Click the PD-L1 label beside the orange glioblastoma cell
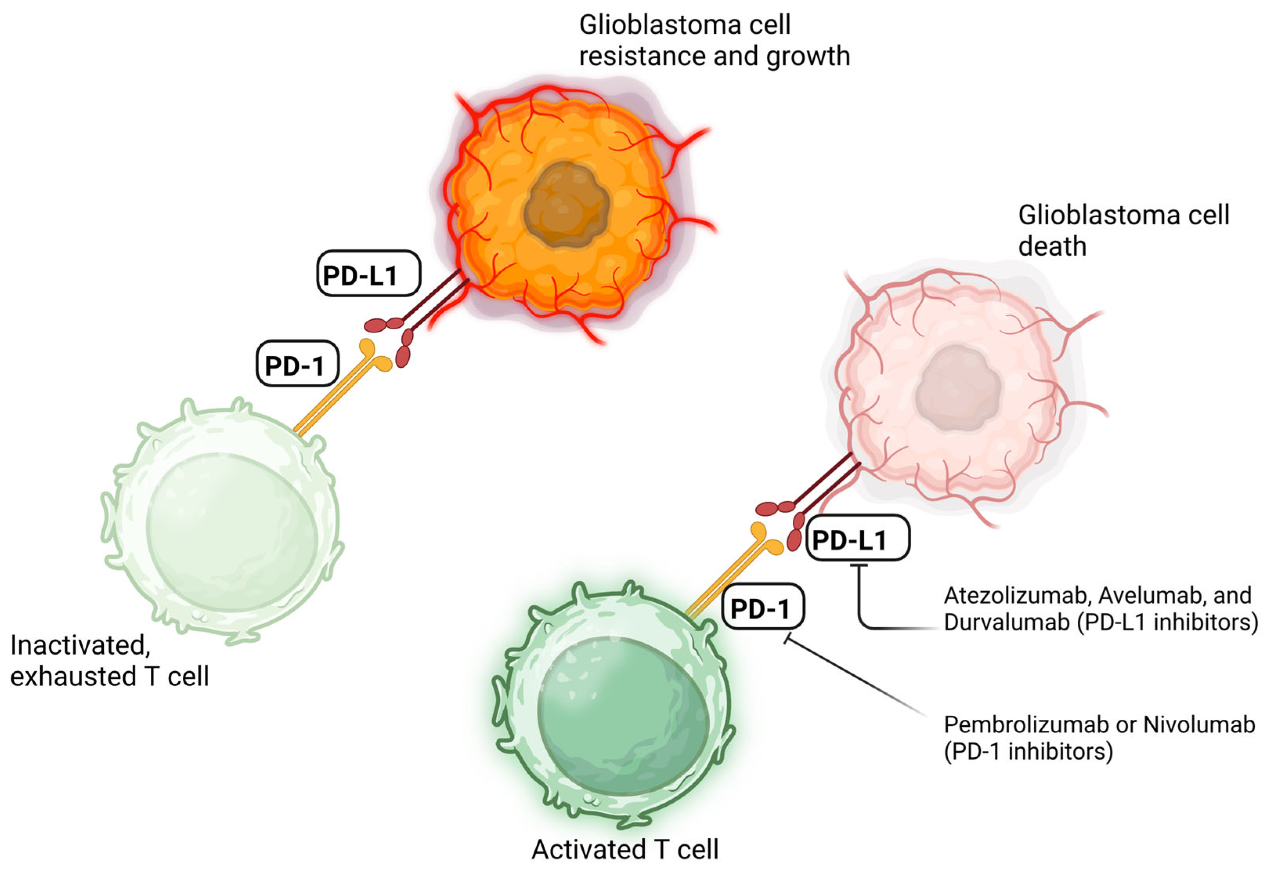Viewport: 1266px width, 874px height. (x=368, y=274)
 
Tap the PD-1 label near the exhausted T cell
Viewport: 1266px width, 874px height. (x=297, y=364)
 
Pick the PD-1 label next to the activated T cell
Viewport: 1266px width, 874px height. (x=763, y=607)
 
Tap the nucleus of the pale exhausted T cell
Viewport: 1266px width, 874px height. (x=233, y=531)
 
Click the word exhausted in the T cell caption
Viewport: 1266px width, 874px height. (x=73, y=677)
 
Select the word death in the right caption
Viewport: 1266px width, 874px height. (x=1052, y=246)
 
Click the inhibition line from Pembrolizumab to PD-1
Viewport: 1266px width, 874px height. (x=854, y=676)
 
